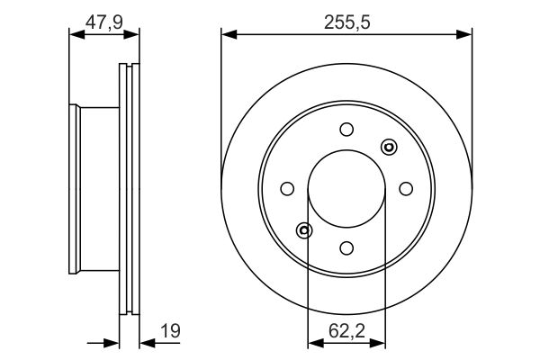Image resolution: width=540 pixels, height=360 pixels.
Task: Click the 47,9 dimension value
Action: coord(104,22)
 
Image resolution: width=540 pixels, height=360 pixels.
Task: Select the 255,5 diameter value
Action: coord(346,22)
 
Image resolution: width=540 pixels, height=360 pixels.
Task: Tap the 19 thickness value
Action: coord(170,330)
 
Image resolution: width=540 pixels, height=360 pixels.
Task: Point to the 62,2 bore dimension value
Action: coord(346,330)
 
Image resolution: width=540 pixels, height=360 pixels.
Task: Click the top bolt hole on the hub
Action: coord(346,130)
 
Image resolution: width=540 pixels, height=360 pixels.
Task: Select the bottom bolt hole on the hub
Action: coord(346,248)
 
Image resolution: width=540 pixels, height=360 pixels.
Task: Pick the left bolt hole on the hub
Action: coord(287,189)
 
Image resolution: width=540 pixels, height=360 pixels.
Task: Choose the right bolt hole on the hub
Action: coord(406,189)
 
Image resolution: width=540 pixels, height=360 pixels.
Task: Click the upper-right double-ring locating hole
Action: coord(389,147)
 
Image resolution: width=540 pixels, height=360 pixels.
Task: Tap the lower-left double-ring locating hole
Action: coord(304,230)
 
